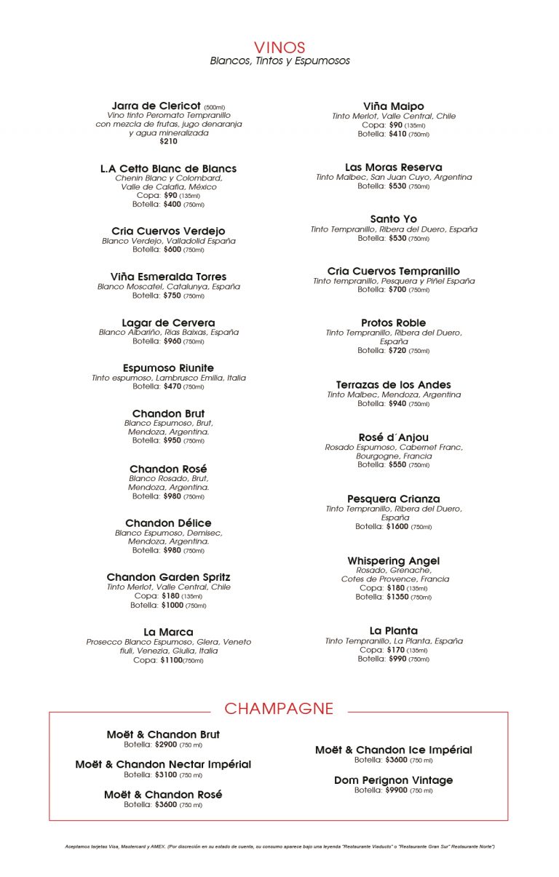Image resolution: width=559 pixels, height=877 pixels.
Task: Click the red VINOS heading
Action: point(279,47)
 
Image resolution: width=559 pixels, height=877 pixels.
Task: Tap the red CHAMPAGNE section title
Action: point(279,709)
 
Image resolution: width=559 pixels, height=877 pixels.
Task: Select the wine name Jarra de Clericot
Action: point(156,106)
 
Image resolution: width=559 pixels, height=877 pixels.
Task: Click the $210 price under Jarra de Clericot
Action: point(168,141)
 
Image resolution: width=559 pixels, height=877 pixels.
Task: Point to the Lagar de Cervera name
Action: point(168,322)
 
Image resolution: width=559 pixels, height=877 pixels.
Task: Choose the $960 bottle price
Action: point(173,341)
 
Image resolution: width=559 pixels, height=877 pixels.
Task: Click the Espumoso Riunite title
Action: point(168,368)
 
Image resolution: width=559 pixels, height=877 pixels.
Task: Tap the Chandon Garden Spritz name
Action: point(168,577)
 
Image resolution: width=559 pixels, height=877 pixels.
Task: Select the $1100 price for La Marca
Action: point(171,660)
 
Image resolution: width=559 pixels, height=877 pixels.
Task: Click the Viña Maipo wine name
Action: point(393,106)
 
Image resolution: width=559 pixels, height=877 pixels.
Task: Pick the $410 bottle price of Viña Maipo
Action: point(397,134)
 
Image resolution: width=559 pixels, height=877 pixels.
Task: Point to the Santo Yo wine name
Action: point(393,219)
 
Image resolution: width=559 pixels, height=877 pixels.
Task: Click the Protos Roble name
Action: point(393,322)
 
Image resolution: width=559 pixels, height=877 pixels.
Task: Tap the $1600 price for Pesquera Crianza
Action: point(397,526)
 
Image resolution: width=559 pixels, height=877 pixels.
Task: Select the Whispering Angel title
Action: point(393,561)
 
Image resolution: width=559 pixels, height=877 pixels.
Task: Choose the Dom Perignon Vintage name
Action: point(393,780)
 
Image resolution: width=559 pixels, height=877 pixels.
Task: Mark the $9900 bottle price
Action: point(397,790)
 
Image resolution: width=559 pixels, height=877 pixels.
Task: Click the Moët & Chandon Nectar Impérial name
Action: point(163,765)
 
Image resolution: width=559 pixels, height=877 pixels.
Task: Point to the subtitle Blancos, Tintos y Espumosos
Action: point(279,61)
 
